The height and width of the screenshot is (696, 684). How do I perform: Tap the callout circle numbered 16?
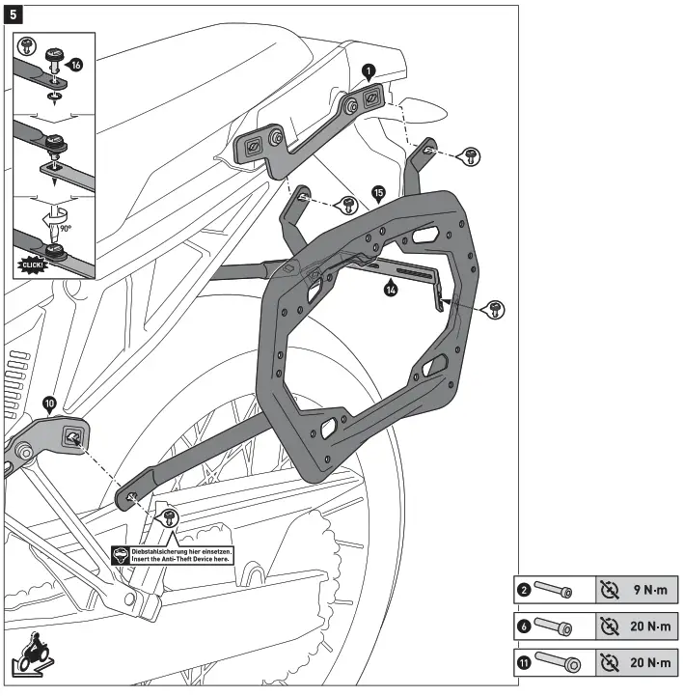point(76,64)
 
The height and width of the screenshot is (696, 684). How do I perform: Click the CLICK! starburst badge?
point(36,263)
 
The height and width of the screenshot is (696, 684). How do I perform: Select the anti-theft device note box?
point(173,554)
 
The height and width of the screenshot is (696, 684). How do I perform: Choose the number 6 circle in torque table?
point(524,626)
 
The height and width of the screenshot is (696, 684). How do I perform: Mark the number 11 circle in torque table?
point(524,663)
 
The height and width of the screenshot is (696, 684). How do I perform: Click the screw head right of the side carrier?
point(495,309)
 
